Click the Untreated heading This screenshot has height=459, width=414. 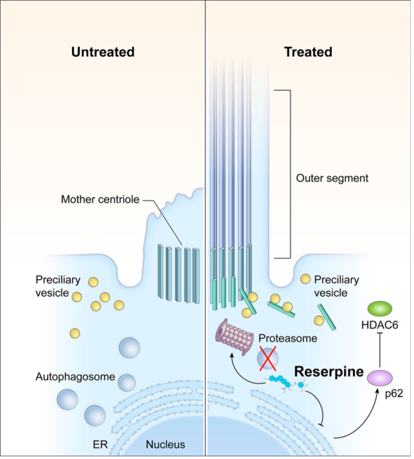coord(103,52)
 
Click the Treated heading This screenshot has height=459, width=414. coord(308,52)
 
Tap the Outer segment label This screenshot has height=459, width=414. coord(332,178)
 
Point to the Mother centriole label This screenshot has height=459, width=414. coord(100,200)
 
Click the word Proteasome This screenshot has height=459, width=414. coord(288,338)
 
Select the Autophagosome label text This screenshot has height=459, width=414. coord(74,376)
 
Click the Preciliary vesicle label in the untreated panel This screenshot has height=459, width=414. coord(57,286)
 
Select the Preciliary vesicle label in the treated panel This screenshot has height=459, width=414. coord(336,287)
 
